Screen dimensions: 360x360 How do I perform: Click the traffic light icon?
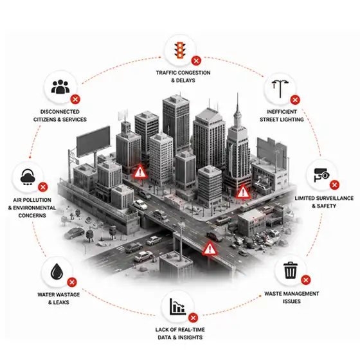pos(180,50)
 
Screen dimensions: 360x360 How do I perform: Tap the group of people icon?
pos(60,87)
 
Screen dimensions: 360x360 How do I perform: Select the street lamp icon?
pos(280,89)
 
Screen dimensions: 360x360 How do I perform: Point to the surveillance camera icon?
pos(321,175)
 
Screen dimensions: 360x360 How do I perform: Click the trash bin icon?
pos(291,270)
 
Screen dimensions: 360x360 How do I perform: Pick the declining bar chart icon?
pos(177,307)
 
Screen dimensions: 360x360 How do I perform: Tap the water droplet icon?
pos(57,271)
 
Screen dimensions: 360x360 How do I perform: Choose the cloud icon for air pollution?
pos(28,177)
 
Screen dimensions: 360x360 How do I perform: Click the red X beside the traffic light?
pos(196,61)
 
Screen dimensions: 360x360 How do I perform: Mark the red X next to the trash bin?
pos(306,280)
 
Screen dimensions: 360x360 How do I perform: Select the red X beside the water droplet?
pos(72,282)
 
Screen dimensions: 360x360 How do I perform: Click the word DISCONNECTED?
pos(60,112)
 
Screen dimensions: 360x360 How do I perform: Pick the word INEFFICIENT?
pos(282,112)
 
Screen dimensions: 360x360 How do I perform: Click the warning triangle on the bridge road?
pos(210,249)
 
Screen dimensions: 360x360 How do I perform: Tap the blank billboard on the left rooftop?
pos(93,141)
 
